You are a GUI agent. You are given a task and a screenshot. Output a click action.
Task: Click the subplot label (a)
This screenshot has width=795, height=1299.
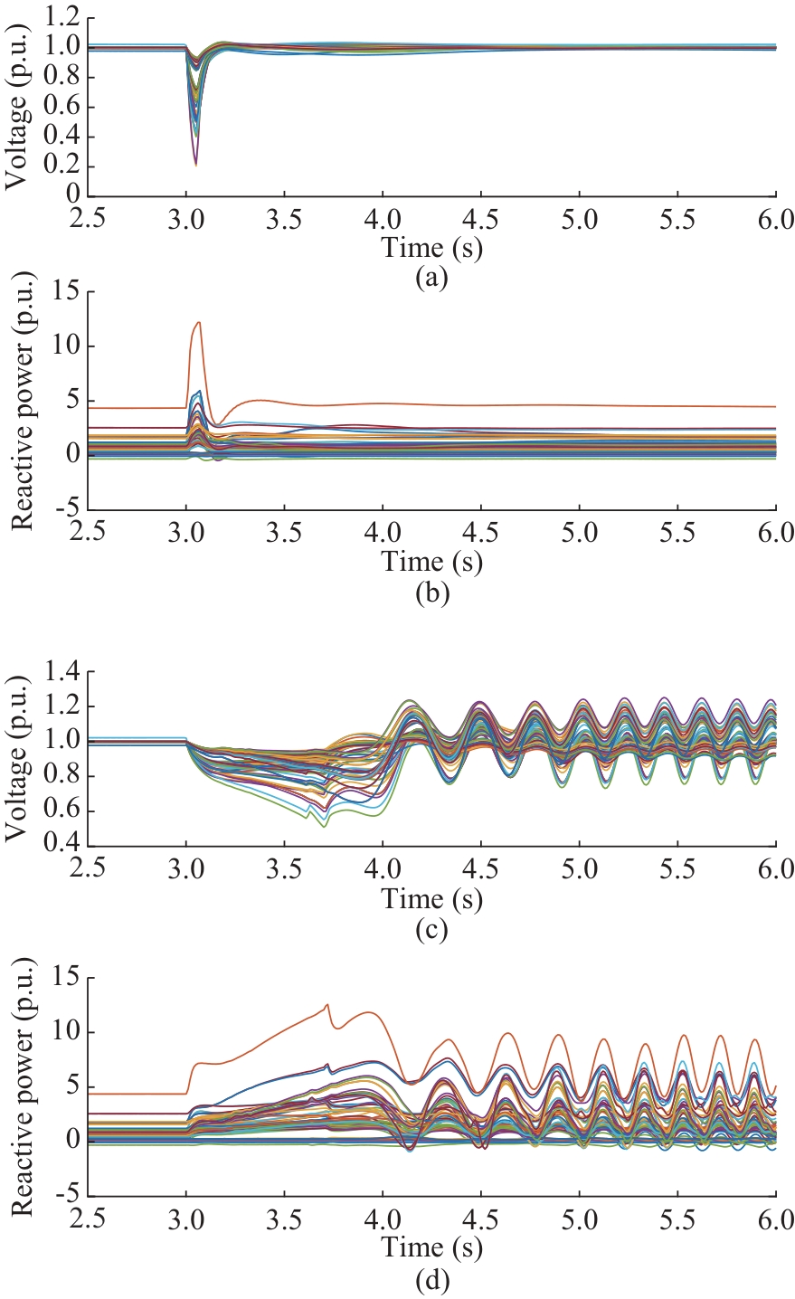pos(431,277)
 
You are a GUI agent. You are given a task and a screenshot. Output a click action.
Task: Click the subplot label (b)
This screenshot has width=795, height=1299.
pos(431,593)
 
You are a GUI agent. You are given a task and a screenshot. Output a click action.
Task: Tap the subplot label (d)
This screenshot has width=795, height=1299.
pos(431,1280)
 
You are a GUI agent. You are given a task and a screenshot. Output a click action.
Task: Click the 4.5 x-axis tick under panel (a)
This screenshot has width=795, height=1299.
pos(482,220)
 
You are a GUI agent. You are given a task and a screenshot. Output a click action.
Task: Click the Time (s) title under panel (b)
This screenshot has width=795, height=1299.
pos(431,563)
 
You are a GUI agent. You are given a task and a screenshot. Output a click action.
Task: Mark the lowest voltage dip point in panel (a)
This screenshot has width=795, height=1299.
pos(195,165)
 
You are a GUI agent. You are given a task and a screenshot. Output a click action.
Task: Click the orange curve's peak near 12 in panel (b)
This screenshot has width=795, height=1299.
pos(199,322)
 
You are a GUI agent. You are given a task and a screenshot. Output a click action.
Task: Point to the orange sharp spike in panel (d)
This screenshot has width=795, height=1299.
pos(327,1004)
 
